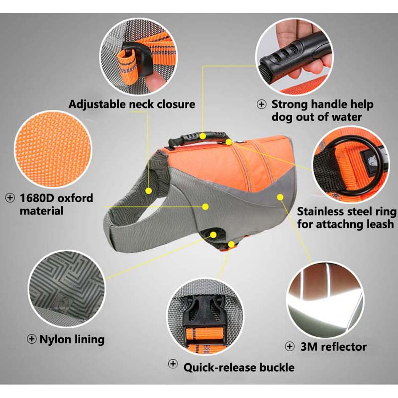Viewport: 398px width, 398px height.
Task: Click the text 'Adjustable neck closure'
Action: pyautogui.click(x=132, y=104)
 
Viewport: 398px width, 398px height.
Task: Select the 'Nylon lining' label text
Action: pyautogui.click(x=72, y=340)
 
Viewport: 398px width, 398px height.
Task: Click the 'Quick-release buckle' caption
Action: pyautogui.click(x=239, y=367)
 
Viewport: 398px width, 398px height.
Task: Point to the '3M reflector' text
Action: pyautogui.click(x=333, y=347)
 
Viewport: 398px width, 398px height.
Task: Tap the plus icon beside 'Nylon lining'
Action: pyautogui.click(x=31, y=339)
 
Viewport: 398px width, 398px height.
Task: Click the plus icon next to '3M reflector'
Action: pyautogui.click(x=290, y=346)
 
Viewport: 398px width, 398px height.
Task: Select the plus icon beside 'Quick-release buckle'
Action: pyautogui.click(x=173, y=364)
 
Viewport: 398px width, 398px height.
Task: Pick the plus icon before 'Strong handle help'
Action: pyautogui.click(x=262, y=104)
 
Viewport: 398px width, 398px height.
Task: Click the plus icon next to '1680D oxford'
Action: pyautogui.click(x=9, y=198)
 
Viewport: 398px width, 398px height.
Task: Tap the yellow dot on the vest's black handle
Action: pyautogui.click(x=202, y=136)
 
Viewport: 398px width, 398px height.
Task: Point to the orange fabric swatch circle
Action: pyautogui.click(x=53, y=149)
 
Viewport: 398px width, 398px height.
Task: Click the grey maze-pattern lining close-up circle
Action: pyautogui.click(x=67, y=289)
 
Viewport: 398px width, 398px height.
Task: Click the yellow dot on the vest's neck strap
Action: pyautogui.click(x=149, y=191)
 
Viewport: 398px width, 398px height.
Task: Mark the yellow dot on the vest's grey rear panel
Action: pyautogui.click(x=280, y=197)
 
